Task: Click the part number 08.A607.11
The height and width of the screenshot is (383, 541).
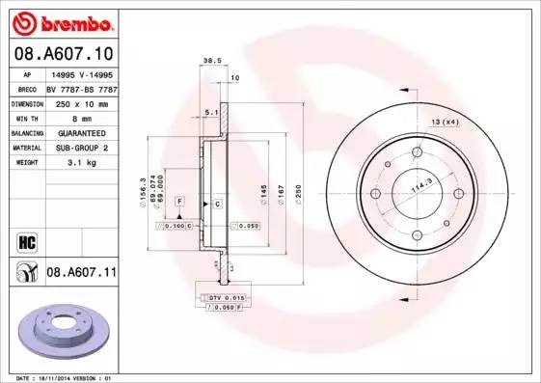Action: point(81,273)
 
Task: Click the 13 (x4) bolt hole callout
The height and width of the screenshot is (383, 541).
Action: point(444,122)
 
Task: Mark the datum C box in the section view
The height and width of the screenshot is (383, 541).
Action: point(218,204)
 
